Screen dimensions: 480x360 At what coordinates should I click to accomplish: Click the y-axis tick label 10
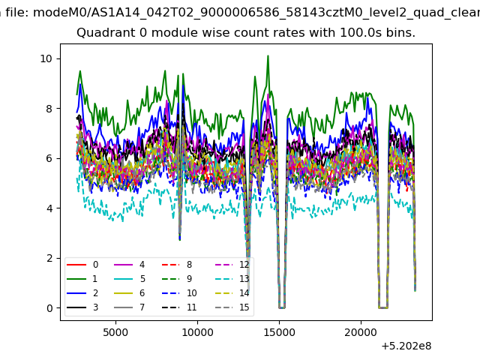[x=46, y=58]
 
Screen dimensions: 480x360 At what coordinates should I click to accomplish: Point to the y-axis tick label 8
[x=49, y=109]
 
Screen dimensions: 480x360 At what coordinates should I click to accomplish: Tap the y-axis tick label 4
[x=49, y=208]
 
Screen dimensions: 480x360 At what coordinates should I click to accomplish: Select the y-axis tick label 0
[x=49, y=308]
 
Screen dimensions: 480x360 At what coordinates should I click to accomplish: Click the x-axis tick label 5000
[x=115, y=332]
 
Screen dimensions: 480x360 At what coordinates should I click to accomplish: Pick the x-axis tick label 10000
[x=197, y=332]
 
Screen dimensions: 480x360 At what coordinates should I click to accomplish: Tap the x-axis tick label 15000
[x=279, y=332]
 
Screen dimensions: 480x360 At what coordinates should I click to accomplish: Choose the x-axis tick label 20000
[x=361, y=332]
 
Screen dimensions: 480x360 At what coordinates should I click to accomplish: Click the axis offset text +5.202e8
[x=406, y=346]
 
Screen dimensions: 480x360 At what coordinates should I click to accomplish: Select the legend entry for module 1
[x=82, y=279]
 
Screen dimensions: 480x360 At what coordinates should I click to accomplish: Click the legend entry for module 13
[x=232, y=279]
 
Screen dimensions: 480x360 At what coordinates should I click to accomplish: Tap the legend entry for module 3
[x=82, y=307]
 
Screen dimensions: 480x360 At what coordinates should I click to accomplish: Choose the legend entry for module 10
[x=179, y=293]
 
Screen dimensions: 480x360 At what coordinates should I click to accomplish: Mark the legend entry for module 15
[x=232, y=307]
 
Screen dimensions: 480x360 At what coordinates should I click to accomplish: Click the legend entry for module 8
[x=177, y=265]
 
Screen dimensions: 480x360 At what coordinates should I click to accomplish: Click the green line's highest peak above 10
[x=268, y=56]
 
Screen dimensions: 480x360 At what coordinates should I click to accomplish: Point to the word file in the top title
[x=17, y=13]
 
